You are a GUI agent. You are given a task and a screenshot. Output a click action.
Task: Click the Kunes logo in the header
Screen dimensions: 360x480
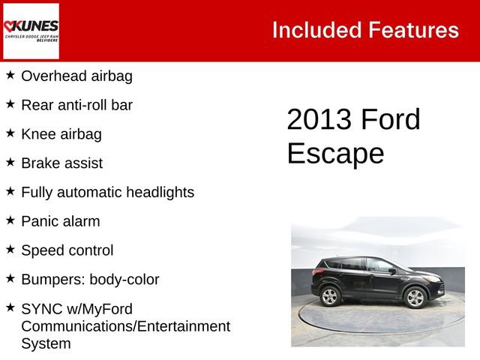tap(31, 31)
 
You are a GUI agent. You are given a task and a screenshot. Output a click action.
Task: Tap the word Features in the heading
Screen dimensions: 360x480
tap(413, 30)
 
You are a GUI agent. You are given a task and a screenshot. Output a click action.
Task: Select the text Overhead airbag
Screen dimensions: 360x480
tap(76, 76)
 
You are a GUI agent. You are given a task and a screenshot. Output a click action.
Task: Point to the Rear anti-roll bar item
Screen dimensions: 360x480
tap(76, 105)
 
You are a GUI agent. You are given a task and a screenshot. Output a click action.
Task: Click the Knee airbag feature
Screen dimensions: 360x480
tap(61, 134)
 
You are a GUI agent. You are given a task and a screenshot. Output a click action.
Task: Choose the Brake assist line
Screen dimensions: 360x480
tap(62, 163)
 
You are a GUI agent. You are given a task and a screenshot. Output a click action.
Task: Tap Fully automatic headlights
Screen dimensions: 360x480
tap(107, 192)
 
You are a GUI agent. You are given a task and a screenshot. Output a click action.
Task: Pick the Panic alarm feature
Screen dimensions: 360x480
tap(61, 221)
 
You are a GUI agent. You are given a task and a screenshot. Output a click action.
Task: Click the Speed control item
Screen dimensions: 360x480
tap(67, 250)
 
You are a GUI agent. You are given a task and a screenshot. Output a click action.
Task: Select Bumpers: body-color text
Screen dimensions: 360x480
tap(90, 280)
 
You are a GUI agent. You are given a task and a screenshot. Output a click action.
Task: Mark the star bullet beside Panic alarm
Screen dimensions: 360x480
tap(10, 220)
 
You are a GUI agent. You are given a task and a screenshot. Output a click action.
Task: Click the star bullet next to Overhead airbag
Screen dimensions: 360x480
tap(10, 75)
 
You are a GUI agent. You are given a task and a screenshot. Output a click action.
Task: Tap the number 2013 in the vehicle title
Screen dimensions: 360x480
tap(319, 120)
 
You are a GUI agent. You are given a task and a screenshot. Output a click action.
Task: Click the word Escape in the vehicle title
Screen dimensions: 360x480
tap(334, 153)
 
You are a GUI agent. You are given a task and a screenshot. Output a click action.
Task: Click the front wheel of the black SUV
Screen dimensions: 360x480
tap(415, 298)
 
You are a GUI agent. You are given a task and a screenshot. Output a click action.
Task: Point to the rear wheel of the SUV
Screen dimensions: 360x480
tap(330, 296)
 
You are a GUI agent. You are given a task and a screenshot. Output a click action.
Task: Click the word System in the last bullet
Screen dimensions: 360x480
tap(46, 344)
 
